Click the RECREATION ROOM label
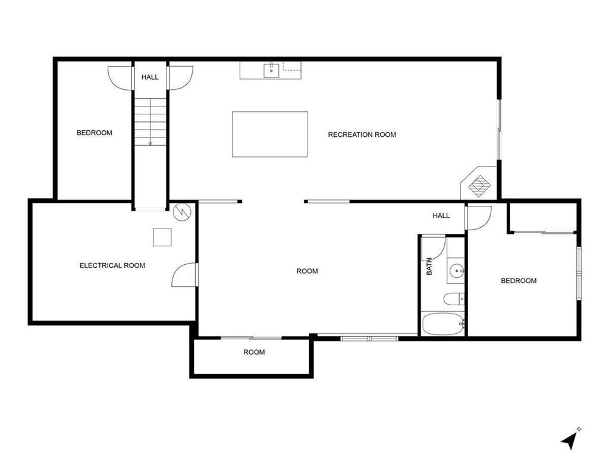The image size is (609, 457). [x=362, y=134]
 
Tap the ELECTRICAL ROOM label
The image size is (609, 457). [x=112, y=265]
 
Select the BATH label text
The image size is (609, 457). [x=429, y=266]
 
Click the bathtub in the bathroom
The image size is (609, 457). [x=442, y=325]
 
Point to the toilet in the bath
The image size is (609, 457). [x=453, y=299]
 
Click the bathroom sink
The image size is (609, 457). [x=456, y=271]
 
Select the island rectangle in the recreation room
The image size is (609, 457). [x=269, y=134]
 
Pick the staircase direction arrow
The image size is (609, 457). [x=150, y=142]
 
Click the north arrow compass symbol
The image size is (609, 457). [x=570, y=440]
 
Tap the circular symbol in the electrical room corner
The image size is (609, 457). [x=181, y=211]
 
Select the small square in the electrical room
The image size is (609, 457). [x=162, y=237]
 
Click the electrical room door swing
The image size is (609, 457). [x=183, y=275]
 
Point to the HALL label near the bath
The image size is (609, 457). [x=441, y=215]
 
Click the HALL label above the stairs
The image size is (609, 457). [x=150, y=77]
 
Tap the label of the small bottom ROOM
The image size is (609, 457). [x=254, y=352]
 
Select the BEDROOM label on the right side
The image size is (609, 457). [x=519, y=281]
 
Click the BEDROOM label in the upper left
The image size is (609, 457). [x=95, y=133]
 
